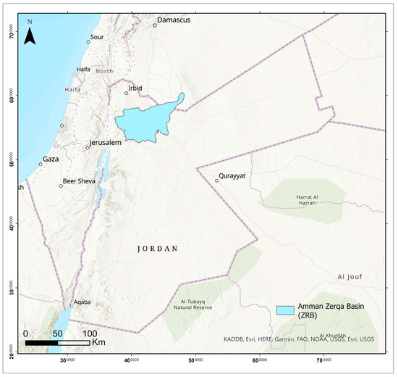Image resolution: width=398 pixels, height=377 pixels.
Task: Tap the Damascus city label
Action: click(x=174, y=20)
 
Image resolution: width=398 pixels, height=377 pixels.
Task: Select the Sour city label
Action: click(x=97, y=37)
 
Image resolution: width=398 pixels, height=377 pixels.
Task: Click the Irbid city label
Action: click(x=135, y=88)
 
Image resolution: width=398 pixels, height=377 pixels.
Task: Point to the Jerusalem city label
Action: click(x=105, y=143)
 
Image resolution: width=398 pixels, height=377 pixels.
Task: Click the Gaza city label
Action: click(x=51, y=159)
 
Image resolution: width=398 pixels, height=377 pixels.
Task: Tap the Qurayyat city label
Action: click(x=233, y=175)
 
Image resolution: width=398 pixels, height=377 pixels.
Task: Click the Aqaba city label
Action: click(x=82, y=299)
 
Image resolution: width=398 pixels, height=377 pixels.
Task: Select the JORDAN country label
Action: click(x=157, y=249)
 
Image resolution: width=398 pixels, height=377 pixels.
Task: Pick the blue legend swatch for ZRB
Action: click(x=285, y=310)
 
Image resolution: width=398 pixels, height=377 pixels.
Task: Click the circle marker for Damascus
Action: click(x=155, y=25)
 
